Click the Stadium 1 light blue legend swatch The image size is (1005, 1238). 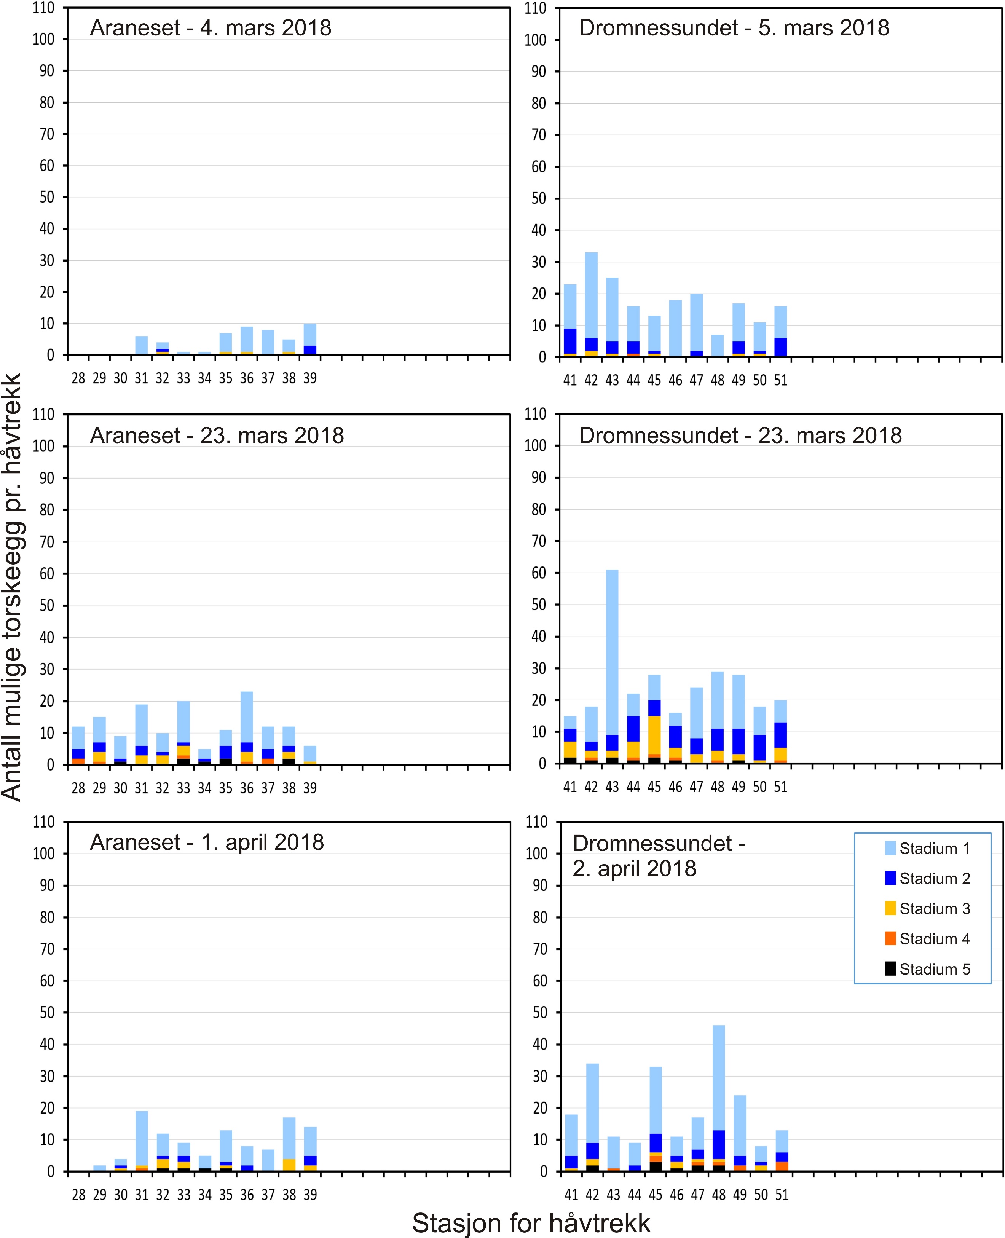pyautogui.click(x=890, y=849)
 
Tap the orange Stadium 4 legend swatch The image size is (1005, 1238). pyautogui.click(x=890, y=939)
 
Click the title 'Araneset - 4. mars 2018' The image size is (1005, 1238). pyautogui.click(x=211, y=28)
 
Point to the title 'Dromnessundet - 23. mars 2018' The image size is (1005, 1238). pyautogui.click(x=740, y=435)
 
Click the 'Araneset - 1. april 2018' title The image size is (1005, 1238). pyautogui.click(x=207, y=842)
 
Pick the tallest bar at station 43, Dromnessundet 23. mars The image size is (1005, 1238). pyautogui.click(x=612, y=665)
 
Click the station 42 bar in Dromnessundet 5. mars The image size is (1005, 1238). pyautogui.click(x=591, y=304)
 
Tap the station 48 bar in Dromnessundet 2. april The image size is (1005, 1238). pyautogui.click(x=718, y=1100)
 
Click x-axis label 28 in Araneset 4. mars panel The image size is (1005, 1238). pyautogui.click(x=78, y=378)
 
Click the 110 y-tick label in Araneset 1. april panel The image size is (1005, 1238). pyautogui.click(x=43, y=822)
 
